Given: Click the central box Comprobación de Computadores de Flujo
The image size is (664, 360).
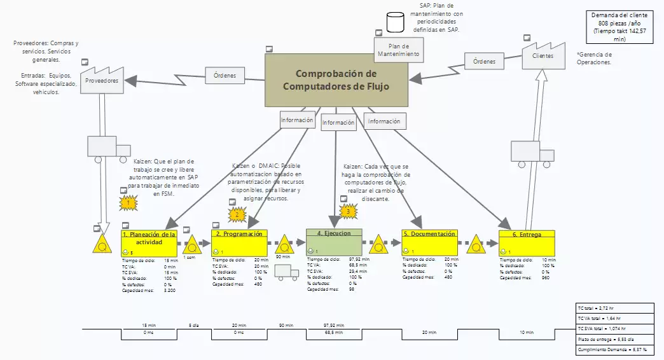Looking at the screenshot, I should pos(336,80).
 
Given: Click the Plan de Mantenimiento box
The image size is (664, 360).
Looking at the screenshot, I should pos(398,50).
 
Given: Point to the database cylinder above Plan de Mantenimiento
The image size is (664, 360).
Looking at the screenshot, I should pos(396,23).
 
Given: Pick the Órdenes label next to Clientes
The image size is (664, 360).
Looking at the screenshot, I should pos(484,61).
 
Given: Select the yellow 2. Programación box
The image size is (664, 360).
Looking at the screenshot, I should pos(240,242).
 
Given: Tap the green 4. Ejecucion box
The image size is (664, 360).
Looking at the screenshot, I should pos(334,242).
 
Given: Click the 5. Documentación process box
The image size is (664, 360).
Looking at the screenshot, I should pos(429,242).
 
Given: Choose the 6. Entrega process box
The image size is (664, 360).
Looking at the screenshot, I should pos(526,242).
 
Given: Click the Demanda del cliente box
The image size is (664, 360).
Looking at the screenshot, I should pos(620,27).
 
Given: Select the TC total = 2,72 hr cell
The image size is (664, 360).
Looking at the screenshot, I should pos(613,307).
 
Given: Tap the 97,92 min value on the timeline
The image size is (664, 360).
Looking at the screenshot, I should pos(329,325).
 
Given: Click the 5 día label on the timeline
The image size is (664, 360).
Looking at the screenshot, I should pos(193,325).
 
